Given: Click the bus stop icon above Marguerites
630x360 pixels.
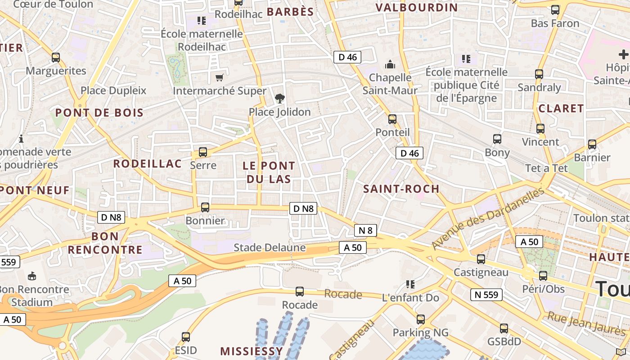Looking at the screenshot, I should [56, 58].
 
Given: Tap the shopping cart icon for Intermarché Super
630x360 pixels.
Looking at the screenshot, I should [219, 78].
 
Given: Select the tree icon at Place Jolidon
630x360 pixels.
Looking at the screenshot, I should [279, 98].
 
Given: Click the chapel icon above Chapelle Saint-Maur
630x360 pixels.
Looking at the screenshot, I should [390, 64].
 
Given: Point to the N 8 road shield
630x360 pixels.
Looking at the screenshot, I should [365, 230].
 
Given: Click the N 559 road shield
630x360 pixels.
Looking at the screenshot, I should [486, 295].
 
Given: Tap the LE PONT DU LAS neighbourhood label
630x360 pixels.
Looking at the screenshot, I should [269, 172].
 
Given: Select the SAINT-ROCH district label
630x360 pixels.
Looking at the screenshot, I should [401, 189].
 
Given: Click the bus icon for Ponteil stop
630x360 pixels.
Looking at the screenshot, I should [392, 119].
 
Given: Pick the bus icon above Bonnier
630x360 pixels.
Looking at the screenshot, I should [205, 207].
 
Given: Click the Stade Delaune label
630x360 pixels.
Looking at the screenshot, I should [270, 247].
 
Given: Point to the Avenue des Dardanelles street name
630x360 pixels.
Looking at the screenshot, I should [488, 219].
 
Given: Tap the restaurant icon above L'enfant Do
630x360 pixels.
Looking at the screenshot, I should [410, 284].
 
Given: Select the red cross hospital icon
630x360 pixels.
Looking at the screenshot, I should [623, 55].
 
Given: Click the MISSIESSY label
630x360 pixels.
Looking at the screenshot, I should [252, 351].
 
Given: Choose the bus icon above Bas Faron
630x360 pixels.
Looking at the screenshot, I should [555, 10].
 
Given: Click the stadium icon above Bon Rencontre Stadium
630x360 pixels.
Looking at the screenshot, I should [32, 276].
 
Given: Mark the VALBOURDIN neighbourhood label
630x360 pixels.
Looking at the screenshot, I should [416, 7].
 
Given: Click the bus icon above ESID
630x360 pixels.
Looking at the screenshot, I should [186, 337].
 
